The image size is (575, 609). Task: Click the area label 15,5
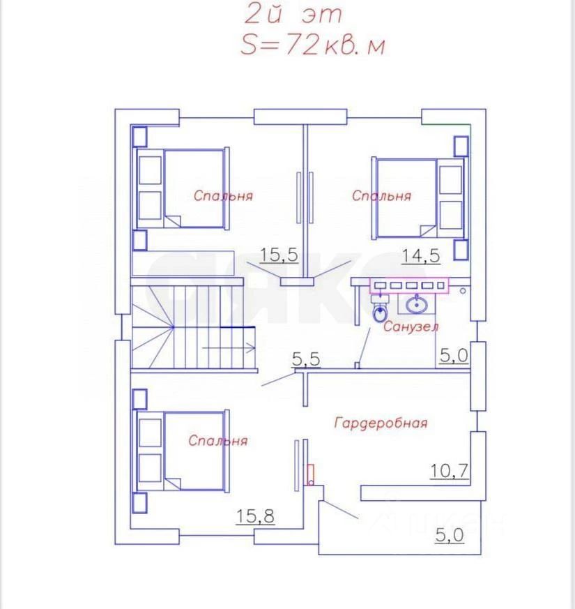(279, 255)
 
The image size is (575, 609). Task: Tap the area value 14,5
(420, 256)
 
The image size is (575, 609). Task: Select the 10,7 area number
(450, 471)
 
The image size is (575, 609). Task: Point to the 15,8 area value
(255, 516)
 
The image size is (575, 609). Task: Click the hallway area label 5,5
(306, 359)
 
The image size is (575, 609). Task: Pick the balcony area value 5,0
(450, 535)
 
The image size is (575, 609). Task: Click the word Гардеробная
(381, 423)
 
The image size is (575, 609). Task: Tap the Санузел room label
(411, 326)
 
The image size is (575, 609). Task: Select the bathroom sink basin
(417, 304)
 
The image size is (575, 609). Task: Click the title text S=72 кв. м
(313, 45)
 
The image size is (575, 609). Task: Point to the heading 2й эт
(293, 15)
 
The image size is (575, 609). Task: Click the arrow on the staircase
(229, 348)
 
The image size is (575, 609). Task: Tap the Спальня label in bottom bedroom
(217, 440)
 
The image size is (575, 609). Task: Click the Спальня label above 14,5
(381, 195)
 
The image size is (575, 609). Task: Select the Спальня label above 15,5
(223, 195)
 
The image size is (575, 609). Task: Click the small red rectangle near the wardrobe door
(310, 474)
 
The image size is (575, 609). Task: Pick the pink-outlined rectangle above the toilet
(409, 285)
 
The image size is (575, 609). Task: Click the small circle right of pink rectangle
(463, 290)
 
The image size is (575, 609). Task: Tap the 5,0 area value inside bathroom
(454, 355)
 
